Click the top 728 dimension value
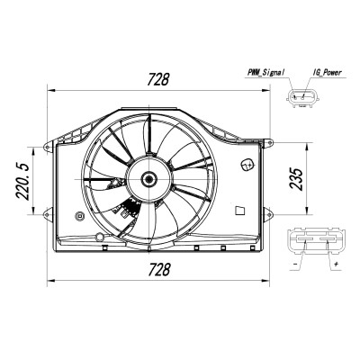[158, 79]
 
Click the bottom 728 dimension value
[159, 269]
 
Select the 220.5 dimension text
[22, 182]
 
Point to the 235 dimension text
[296, 179]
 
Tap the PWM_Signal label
[265, 72]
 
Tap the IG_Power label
[328, 72]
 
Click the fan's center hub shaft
[148, 179]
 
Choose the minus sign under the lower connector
[295, 264]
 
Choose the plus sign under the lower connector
[337, 264]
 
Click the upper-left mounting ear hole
[47, 147]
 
